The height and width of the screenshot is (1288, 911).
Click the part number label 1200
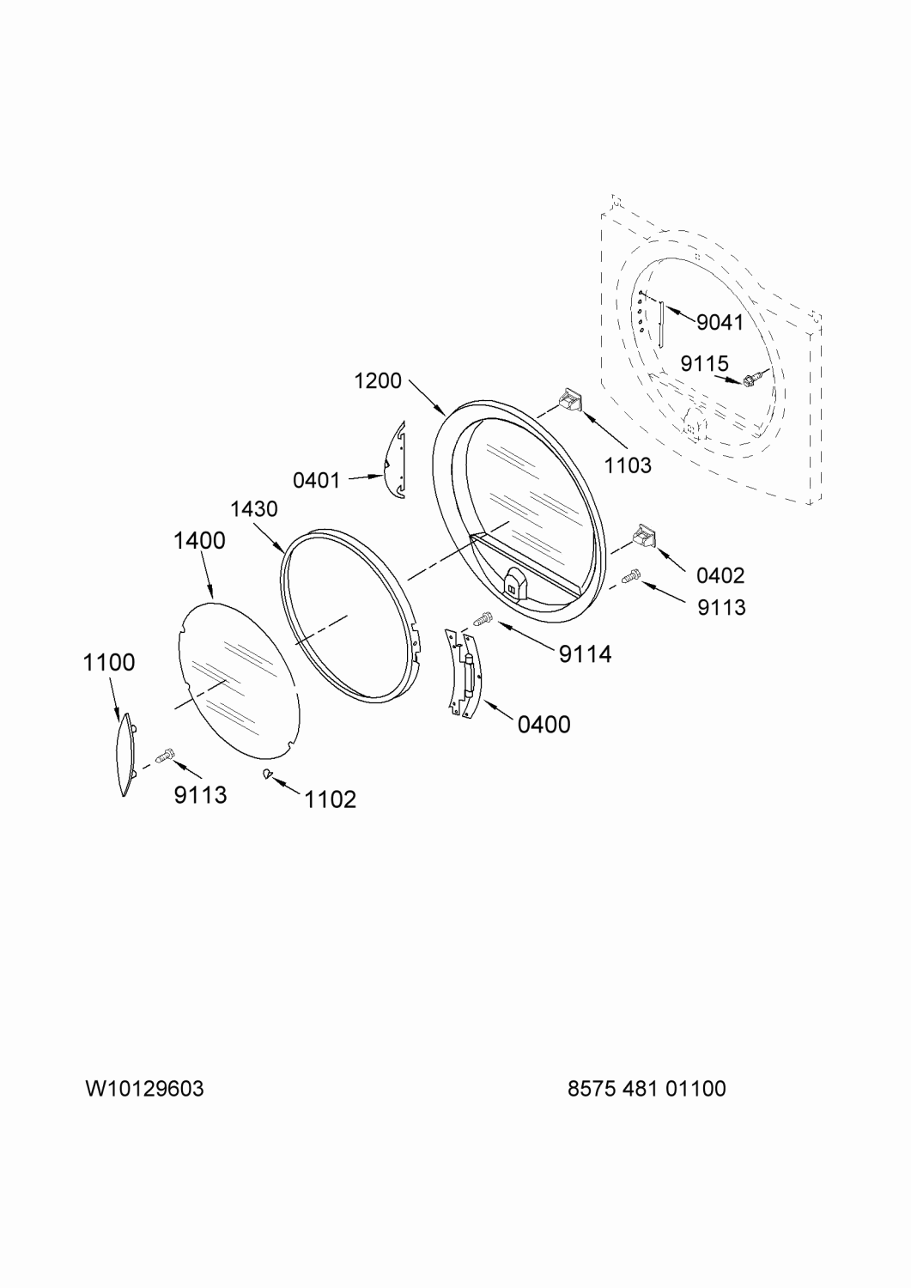(377, 380)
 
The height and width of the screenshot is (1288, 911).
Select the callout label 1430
(253, 509)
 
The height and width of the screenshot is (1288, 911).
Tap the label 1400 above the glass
(199, 540)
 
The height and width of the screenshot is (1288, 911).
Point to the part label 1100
(109, 662)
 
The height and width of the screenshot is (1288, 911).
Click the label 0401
(316, 480)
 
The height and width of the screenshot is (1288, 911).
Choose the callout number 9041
(720, 323)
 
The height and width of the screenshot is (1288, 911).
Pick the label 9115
(705, 363)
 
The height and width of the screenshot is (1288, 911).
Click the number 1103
(628, 465)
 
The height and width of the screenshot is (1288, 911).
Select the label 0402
(720, 575)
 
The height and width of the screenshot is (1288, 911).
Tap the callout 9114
(585, 653)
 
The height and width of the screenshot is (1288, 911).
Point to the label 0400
(544, 725)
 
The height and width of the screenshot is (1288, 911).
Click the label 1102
(330, 799)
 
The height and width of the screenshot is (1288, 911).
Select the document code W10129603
(144, 1089)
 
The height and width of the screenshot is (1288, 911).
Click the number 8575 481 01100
(647, 1089)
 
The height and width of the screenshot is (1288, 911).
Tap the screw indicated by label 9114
(483, 619)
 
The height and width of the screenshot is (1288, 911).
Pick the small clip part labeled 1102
(266, 774)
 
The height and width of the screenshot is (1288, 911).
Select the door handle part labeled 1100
(125, 755)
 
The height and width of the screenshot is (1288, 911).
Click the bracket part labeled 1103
(568, 398)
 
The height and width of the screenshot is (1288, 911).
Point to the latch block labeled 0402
(646, 535)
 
